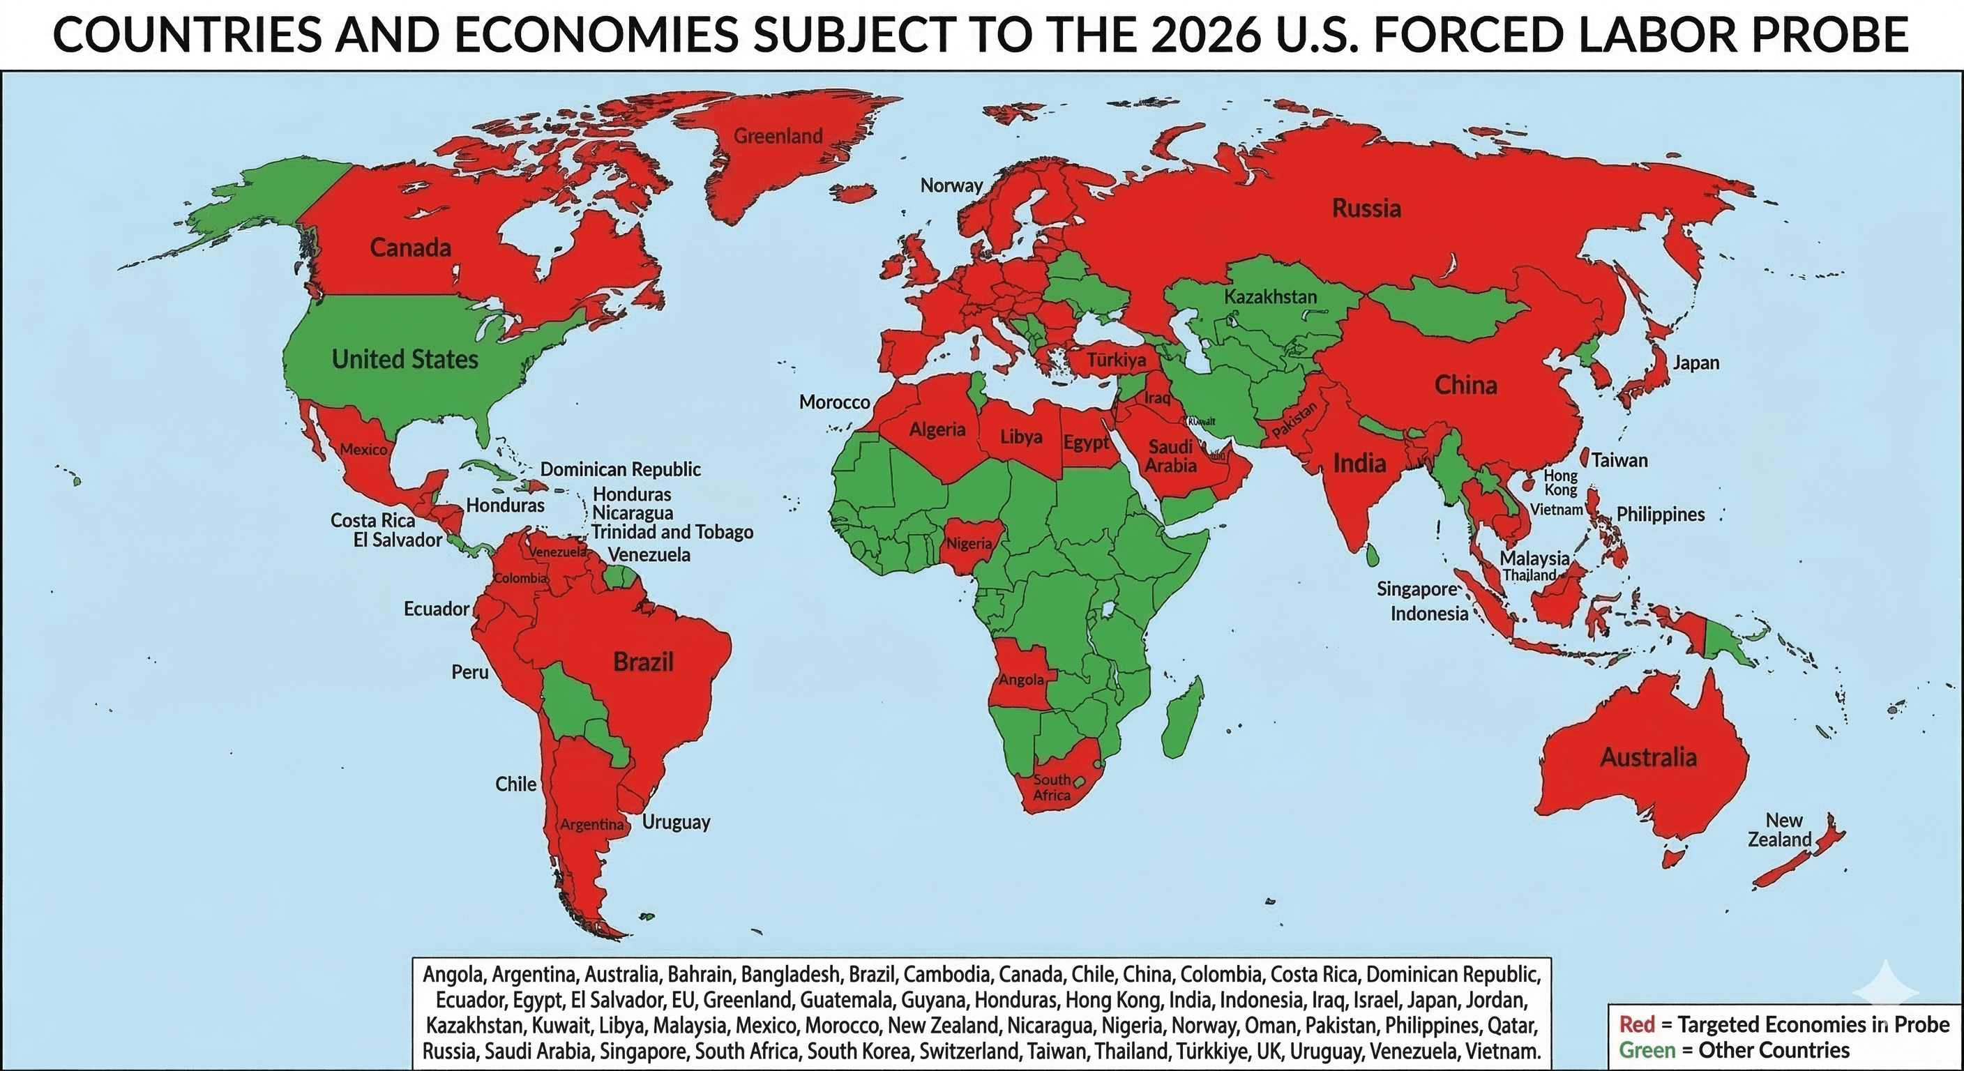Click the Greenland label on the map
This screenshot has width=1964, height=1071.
click(x=778, y=137)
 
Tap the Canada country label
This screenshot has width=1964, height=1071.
click(x=410, y=247)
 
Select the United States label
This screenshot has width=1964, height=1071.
click(x=405, y=359)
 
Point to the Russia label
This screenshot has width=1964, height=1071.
click(x=1366, y=208)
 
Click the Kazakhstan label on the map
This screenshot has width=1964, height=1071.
click(x=1270, y=296)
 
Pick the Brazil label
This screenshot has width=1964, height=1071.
click(x=643, y=662)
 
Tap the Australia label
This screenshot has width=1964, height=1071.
click(x=1648, y=757)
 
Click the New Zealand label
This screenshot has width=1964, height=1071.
click(x=1778, y=830)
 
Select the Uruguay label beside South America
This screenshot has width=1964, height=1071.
click(x=676, y=822)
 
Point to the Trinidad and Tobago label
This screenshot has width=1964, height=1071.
click(x=672, y=532)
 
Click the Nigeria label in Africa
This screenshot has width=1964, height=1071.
click(x=969, y=543)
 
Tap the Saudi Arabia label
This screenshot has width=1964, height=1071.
click(x=1170, y=456)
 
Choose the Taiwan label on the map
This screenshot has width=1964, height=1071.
click(x=1619, y=460)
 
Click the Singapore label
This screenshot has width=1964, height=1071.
click(x=1417, y=589)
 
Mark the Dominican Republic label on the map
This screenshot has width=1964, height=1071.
click(x=620, y=469)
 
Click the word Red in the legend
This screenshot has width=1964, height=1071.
click(x=1636, y=1024)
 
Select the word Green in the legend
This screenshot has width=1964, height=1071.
click(x=1647, y=1050)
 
